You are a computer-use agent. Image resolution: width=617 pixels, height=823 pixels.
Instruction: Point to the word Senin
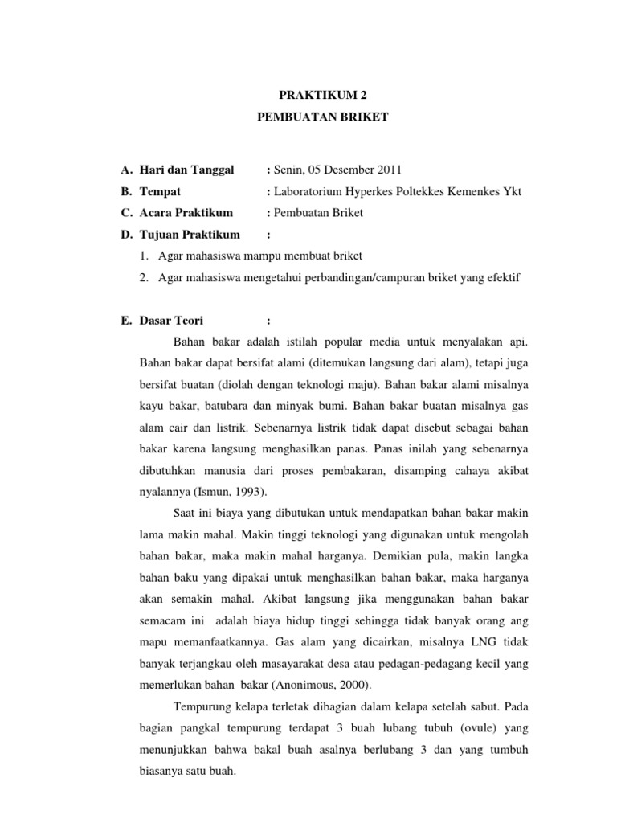pos(289,170)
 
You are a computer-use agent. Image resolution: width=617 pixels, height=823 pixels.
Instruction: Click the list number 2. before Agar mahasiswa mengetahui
pos(144,278)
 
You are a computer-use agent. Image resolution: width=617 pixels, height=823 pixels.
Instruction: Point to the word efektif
pos(502,278)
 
